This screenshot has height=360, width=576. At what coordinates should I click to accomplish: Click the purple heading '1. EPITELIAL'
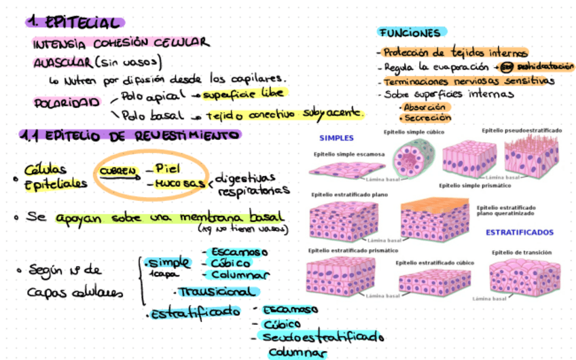click(x=75, y=22)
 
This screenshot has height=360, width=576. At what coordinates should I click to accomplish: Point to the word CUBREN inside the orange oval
click(x=119, y=170)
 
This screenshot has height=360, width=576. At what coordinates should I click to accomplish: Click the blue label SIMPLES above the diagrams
click(x=336, y=138)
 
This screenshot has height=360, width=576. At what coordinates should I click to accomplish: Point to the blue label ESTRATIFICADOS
click(x=519, y=232)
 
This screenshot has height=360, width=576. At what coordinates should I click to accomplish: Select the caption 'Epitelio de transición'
click(x=522, y=252)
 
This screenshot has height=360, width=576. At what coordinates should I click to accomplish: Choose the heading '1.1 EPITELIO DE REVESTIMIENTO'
click(x=130, y=135)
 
